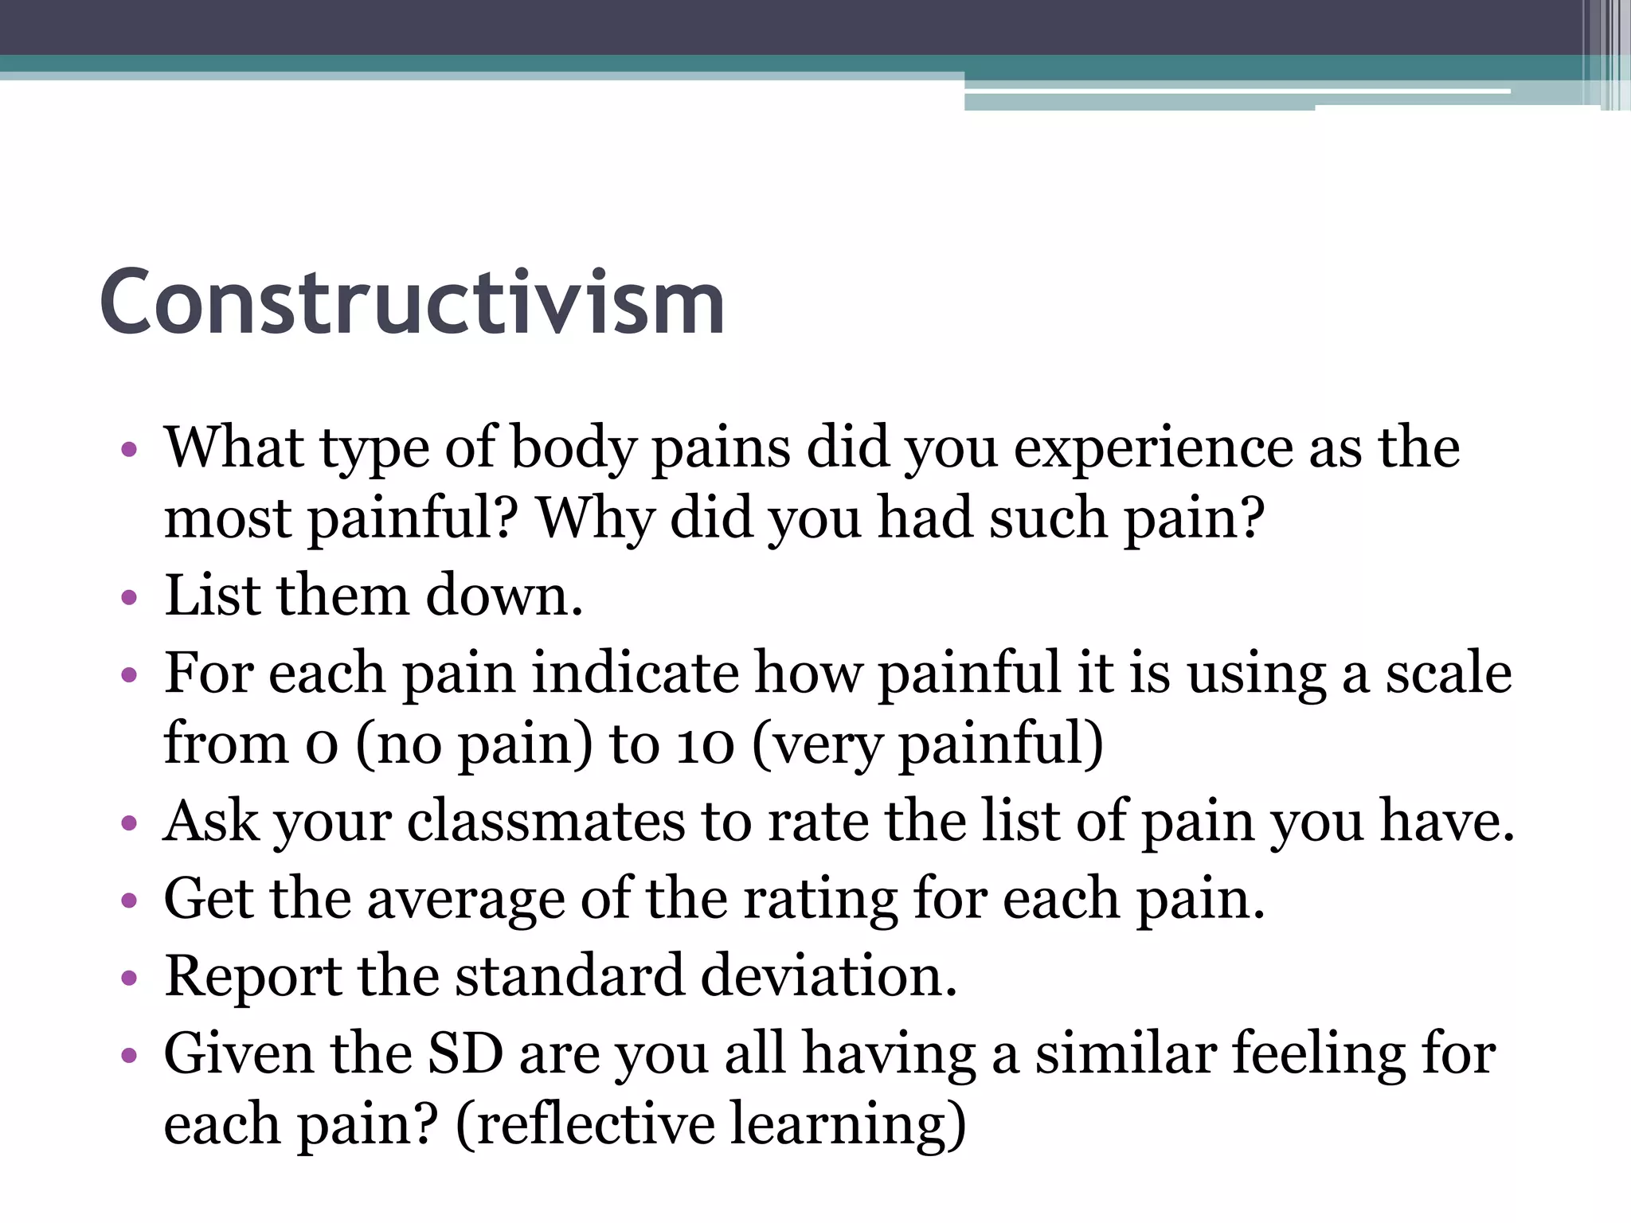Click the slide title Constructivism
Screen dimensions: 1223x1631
(412, 303)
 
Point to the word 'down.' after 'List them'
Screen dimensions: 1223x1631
(503, 596)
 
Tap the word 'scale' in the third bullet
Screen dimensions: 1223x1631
(1449, 674)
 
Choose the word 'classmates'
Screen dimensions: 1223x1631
(546, 822)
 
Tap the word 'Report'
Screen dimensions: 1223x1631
(252, 976)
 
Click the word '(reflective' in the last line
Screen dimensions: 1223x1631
(585, 1124)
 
